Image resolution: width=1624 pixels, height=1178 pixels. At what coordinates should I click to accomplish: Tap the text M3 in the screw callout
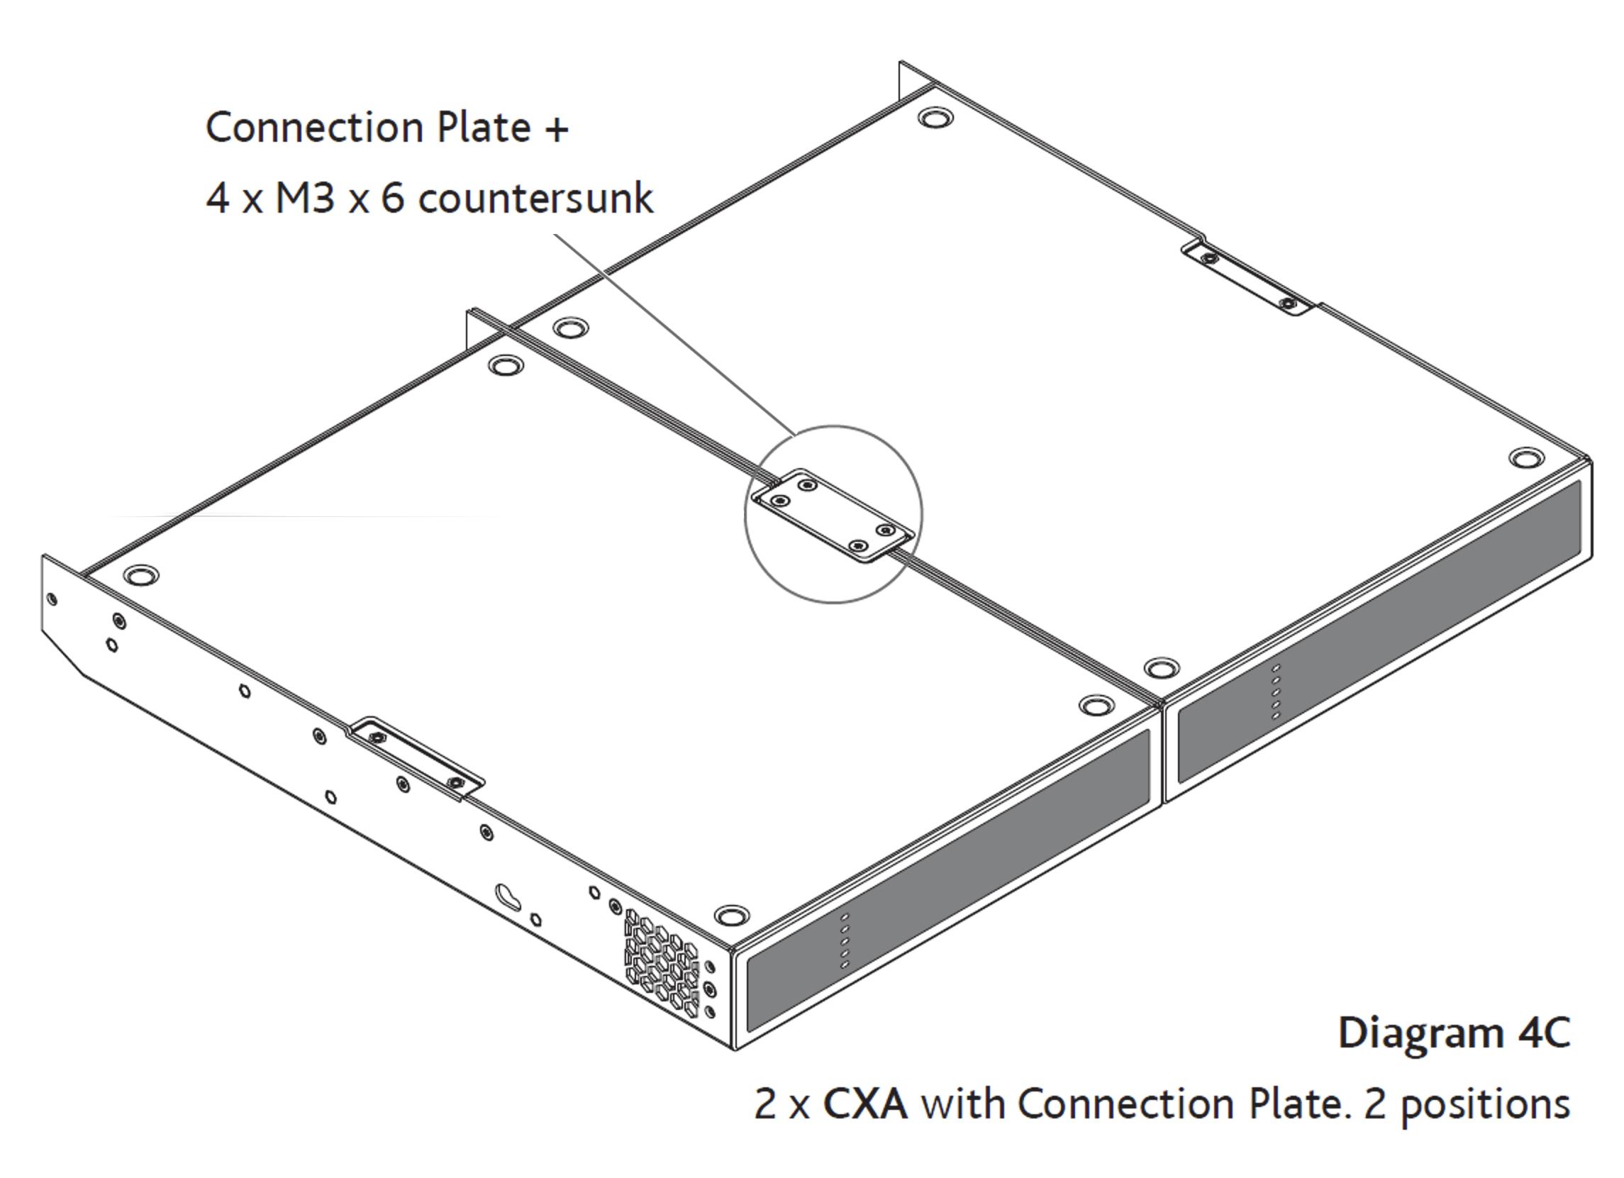click(305, 198)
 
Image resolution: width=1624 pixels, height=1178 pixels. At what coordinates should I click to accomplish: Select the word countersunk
click(535, 198)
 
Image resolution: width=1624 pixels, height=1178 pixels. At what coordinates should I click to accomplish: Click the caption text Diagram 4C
click(1454, 1033)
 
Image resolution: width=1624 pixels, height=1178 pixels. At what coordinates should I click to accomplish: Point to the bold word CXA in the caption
click(865, 1104)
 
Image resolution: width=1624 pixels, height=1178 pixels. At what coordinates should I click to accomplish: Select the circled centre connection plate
click(833, 515)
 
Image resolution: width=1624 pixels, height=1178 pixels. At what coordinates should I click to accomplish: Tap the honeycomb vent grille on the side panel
click(662, 962)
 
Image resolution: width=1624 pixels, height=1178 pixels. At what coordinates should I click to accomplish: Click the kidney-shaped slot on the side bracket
click(509, 896)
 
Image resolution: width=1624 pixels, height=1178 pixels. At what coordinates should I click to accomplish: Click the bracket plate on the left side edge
click(416, 758)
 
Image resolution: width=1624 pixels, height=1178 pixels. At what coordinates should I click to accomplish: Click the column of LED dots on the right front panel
click(1275, 690)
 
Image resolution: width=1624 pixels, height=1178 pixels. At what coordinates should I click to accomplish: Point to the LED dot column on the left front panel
click(845, 941)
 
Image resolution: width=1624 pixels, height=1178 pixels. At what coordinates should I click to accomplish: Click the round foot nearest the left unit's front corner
click(731, 915)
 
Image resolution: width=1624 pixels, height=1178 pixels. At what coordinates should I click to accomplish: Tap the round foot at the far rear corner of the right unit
click(935, 118)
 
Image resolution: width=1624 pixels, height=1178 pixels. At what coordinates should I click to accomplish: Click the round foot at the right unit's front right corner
click(1526, 457)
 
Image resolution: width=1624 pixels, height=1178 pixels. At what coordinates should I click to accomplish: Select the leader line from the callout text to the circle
click(673, 333)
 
